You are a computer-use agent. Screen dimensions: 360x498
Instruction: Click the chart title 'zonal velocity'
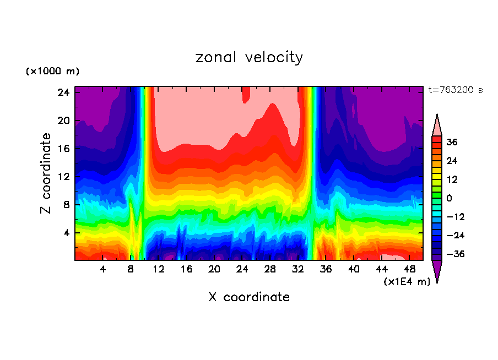pos(249,57)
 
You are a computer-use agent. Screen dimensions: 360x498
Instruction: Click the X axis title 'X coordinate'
pos(249,297)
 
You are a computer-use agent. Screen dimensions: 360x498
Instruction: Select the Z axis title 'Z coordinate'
pos(46,173)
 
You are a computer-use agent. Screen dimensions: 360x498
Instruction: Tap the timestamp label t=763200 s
pos(455,90)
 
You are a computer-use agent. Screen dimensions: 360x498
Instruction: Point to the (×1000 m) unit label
pos(52,72)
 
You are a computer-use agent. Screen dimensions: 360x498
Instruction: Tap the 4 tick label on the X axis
pos(103,269)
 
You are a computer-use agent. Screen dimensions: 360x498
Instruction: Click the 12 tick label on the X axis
pos(159,269)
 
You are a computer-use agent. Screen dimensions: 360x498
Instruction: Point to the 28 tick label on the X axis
pos(270,269)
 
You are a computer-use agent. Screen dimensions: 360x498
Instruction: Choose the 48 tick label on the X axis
pos(409,269)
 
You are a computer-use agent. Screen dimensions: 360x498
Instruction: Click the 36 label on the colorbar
pos(452,142)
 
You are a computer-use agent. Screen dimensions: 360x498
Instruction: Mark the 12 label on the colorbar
pos(452,179)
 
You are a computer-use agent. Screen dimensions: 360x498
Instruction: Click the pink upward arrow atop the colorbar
pos(437,126)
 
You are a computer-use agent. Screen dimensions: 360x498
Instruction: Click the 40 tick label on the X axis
pos(354,269)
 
